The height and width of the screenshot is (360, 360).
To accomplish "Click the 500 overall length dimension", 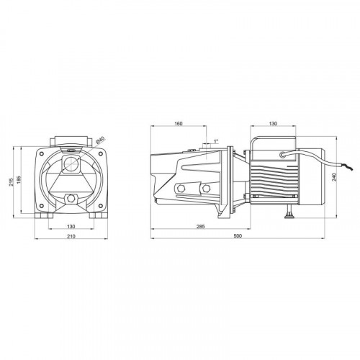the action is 238,235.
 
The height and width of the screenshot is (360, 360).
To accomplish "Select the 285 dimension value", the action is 201,226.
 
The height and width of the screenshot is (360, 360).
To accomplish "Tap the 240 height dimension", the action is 335,177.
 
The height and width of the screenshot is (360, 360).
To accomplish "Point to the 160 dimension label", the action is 179,124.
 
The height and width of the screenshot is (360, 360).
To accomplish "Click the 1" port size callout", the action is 216,141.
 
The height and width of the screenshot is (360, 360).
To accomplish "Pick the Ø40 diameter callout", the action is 100,140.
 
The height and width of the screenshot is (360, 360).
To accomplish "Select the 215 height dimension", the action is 11,182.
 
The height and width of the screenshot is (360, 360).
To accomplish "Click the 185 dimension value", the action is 19,180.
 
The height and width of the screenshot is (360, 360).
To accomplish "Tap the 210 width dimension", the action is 71,236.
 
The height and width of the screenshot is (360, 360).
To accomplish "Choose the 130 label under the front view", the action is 71,226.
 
